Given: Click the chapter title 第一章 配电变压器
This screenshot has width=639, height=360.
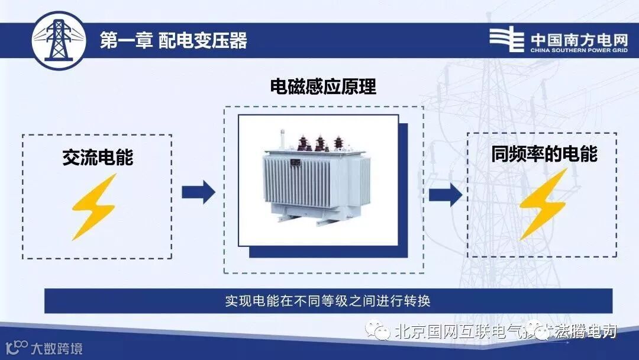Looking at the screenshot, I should [173, 40].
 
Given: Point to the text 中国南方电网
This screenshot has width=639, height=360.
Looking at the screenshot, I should [579, 38].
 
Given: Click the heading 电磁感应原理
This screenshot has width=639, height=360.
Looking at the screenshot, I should [323, 87].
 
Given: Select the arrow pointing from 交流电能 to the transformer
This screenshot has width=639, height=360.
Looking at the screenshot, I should [198, 191].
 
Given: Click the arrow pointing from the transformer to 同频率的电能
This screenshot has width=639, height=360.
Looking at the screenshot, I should [446, 193].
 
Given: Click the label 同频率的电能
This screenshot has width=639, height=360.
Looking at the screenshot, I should [544, 154].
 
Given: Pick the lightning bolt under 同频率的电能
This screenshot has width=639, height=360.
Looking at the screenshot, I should [542, 204].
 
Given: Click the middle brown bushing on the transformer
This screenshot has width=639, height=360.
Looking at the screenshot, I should [320, 143].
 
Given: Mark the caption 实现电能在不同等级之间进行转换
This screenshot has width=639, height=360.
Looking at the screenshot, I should [327, 301].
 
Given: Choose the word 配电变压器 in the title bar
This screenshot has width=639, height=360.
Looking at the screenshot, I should [203, 40].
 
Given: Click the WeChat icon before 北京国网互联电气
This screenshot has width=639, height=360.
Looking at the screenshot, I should [377, 331].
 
